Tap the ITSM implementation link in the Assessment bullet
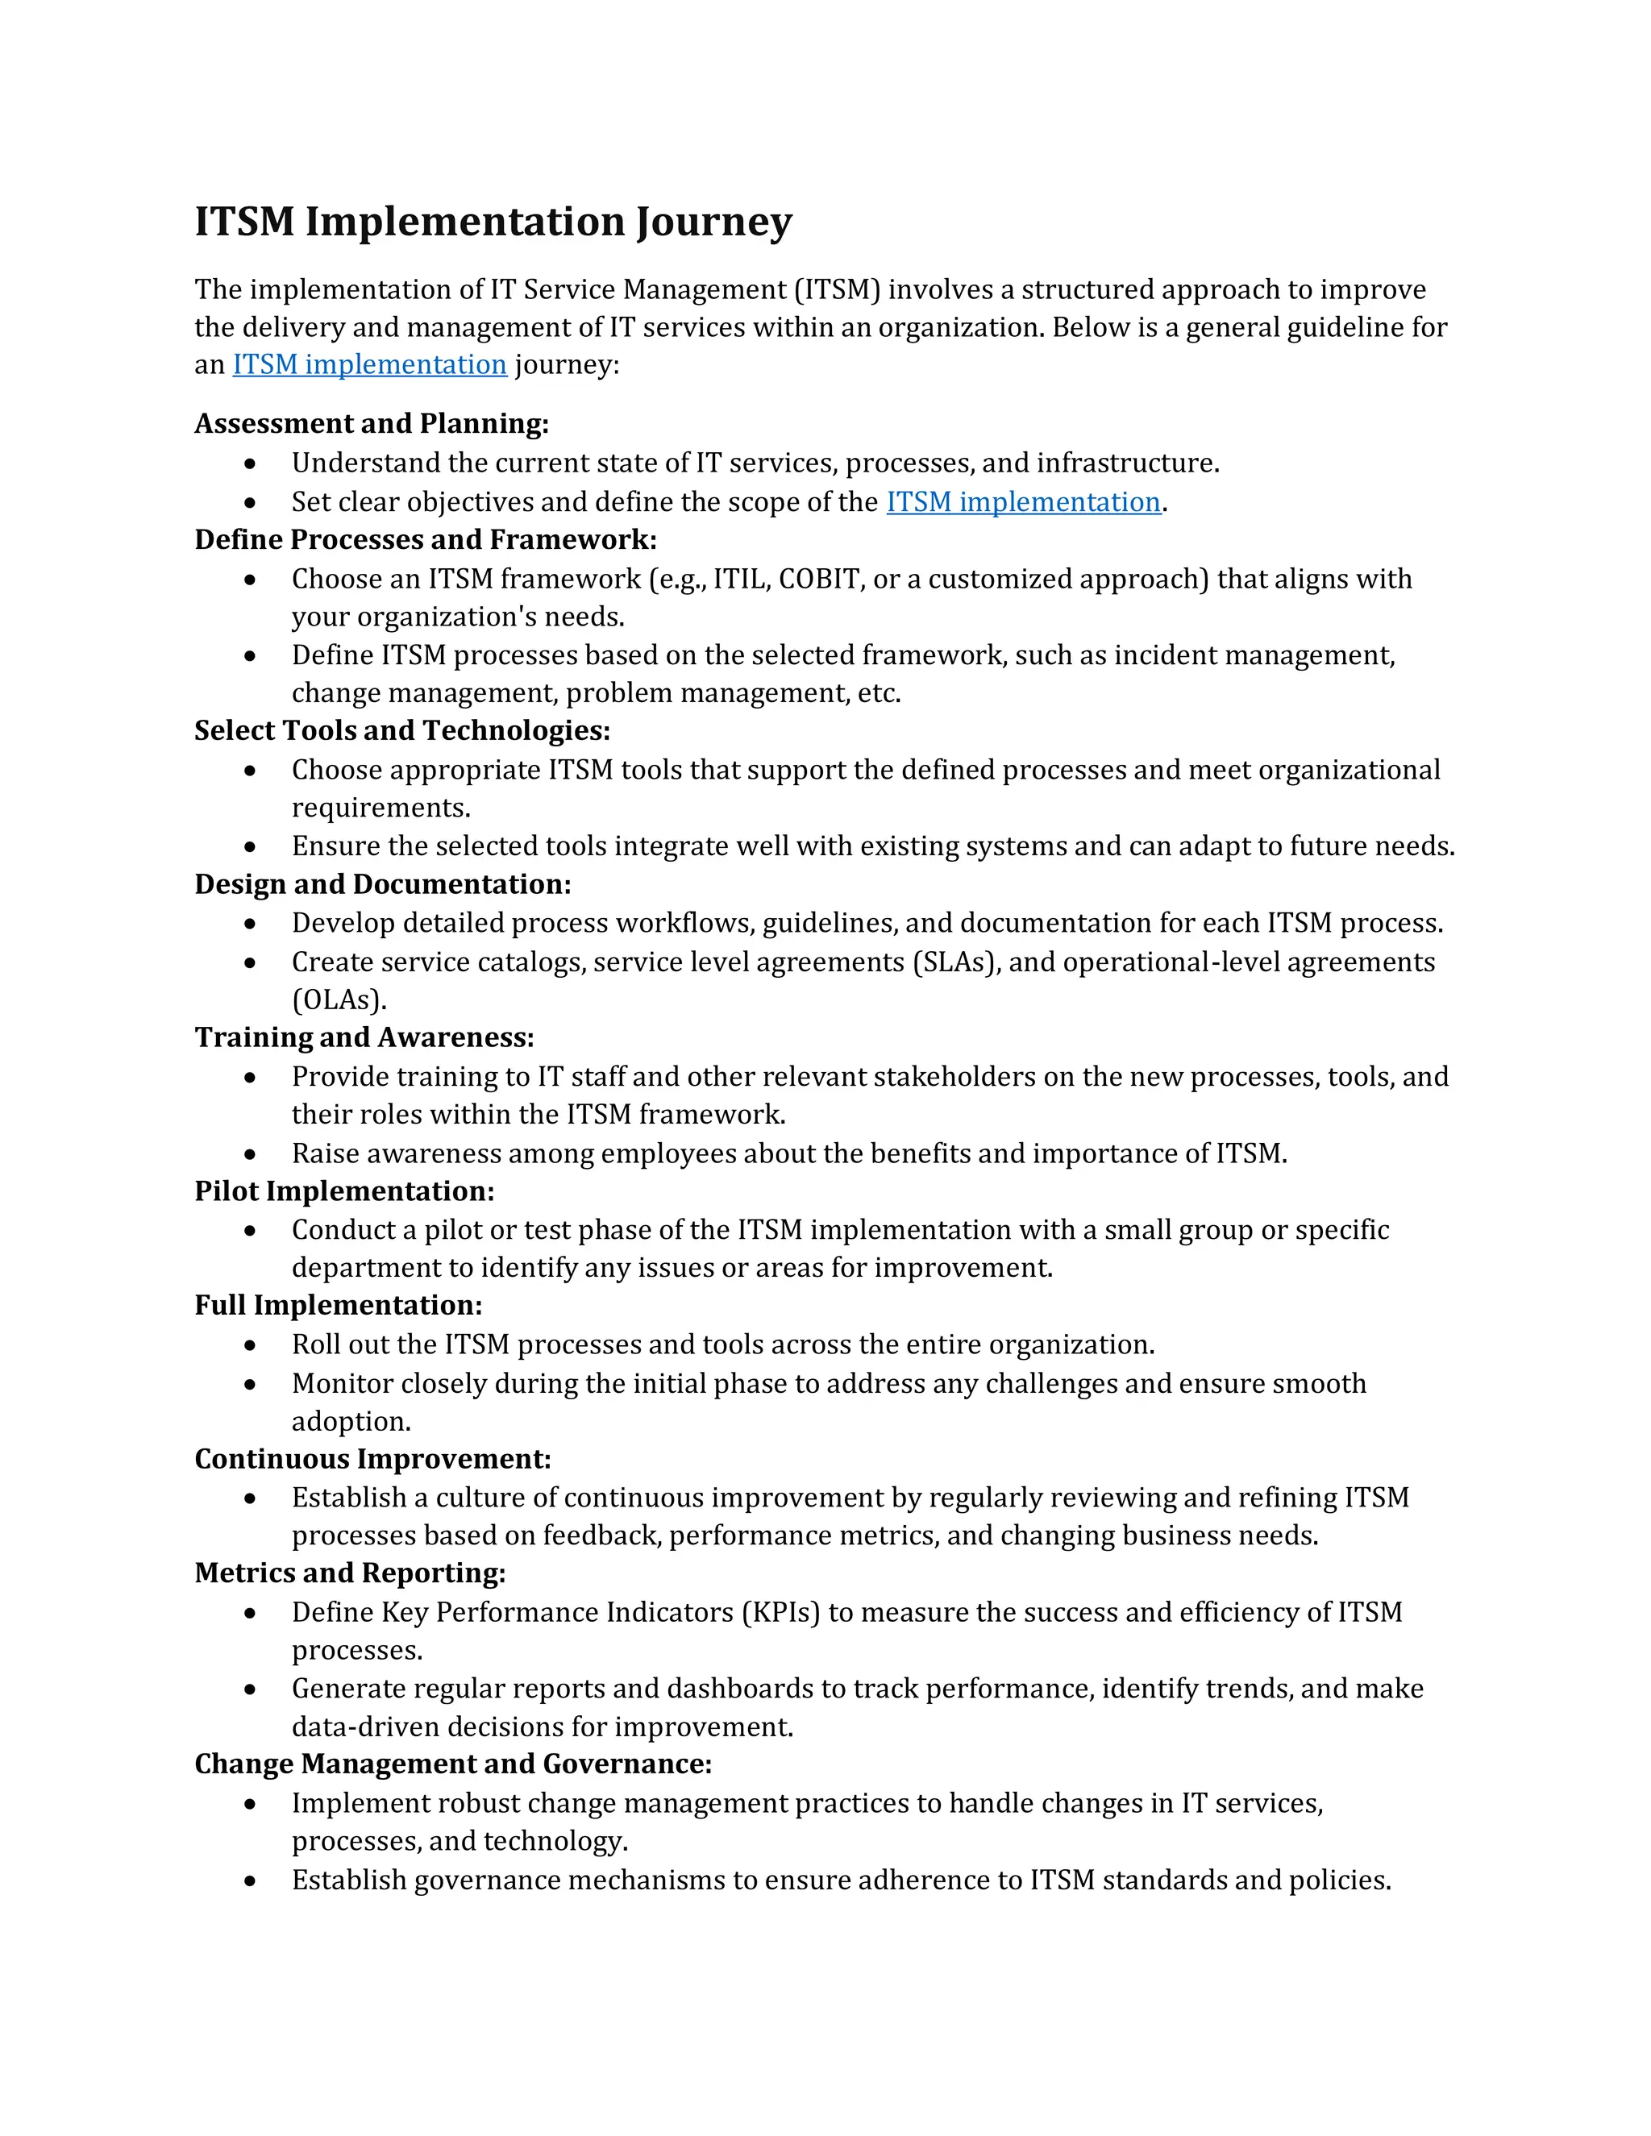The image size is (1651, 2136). (1023, 503)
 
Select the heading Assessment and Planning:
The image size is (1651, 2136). (372, 423)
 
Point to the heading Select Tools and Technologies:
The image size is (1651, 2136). (402, 730)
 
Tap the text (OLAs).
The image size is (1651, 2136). (339, 999)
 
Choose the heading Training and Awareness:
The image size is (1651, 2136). (364, 1037)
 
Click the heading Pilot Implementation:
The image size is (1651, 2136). (344, 1191)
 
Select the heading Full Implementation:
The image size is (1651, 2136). (339, 1306)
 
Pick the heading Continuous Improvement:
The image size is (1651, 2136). (372, 1459)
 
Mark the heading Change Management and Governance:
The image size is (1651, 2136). (453, 1764)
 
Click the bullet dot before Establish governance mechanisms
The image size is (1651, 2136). (251, 1880)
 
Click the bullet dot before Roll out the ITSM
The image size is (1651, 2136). (251, 1346)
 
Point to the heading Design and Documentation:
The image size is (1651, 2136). (382, 884)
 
